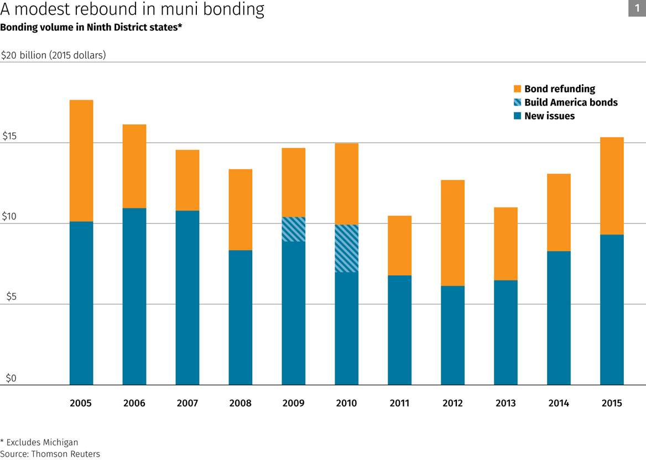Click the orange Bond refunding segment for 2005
(x=81, y=160)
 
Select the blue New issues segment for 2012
(x=452, y=335)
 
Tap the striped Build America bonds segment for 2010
(x=346, y=248)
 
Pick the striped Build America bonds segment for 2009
(x=293, y=229)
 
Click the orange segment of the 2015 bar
(x=612, y=186)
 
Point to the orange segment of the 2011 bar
(x=399, y=245)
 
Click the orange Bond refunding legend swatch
(x=517, y=89)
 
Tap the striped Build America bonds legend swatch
(x=517, y=102)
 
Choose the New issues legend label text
(x=549, y=116)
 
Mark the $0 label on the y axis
(x=11, y=379)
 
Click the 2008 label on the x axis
(x=240, y=403)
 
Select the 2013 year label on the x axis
(x=506, y=403)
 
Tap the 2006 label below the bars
(x=134, y=403)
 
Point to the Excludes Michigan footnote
(x=39, y=442)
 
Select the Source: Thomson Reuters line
(x=50, y=454)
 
